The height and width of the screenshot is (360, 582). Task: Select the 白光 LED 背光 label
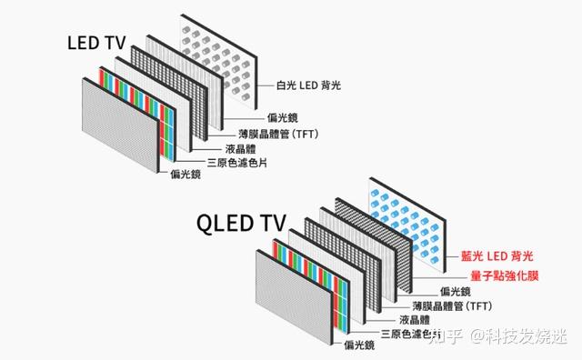tap(314, 87)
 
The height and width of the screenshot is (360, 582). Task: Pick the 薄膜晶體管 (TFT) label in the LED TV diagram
tap(285, 134)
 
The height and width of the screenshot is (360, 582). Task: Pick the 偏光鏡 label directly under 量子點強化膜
tap(455, 290)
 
